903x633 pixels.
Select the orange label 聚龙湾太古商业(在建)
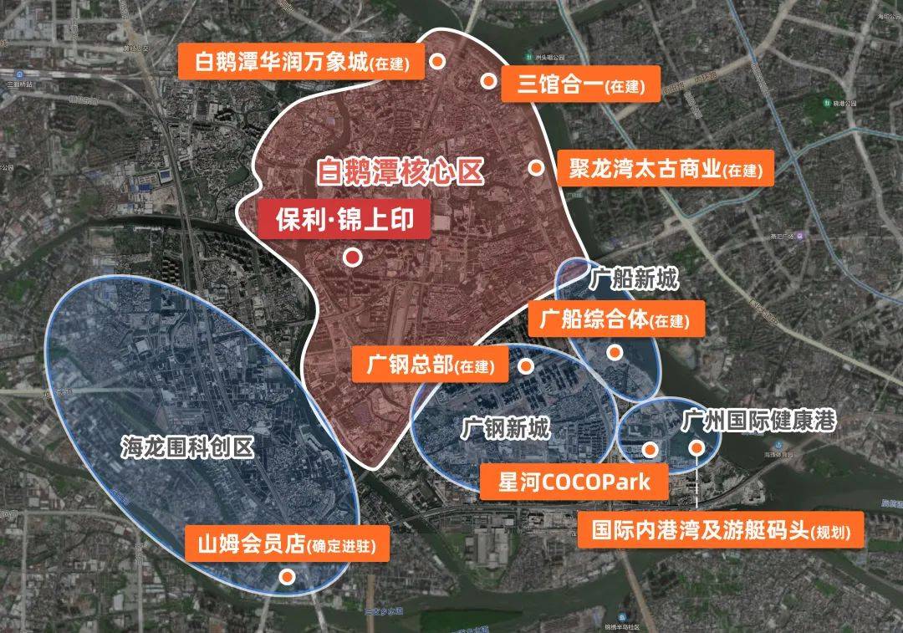(x=665, y=170)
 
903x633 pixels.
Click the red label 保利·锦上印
(x=344, y=220)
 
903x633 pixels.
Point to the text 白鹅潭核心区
(x=400, y=173)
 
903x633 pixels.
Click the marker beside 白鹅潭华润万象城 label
(x=436, y=60)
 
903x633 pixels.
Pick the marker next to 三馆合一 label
(x=488, y=80)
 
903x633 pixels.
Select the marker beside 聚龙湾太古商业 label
(x=535, y=167)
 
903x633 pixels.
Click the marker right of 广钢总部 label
(x=526, y=366)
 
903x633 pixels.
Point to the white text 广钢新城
(x=507, y=430)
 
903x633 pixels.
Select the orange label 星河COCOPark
(x=565, y=482)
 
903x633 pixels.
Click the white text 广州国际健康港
(x=758, y=420)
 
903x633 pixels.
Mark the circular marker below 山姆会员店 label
(x=287, y=576)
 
